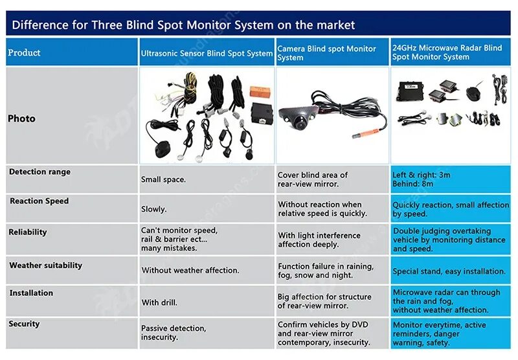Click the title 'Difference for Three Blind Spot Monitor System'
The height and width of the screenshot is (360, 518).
183,25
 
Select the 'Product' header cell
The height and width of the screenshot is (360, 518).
24,52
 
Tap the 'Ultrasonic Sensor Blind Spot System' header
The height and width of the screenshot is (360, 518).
207,54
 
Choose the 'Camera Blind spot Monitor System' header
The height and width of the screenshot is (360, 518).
326,53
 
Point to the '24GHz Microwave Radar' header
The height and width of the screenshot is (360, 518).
447,52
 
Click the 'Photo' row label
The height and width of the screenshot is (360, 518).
21,118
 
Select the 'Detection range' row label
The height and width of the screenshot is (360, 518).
39,172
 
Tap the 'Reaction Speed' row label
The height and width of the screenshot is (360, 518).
39,201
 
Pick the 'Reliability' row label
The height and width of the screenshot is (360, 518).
28,232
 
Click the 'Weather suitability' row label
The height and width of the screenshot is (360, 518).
45,265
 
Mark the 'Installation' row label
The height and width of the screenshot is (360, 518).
31,293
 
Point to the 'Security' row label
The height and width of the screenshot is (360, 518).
24,324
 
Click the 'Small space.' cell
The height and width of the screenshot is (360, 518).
163,179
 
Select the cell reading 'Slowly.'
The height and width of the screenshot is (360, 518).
153,209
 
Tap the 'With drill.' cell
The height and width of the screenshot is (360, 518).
159,302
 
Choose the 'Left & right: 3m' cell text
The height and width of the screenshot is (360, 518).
422,175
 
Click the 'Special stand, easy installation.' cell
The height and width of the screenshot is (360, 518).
449,271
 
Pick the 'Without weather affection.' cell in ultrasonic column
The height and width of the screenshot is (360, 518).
190,271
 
